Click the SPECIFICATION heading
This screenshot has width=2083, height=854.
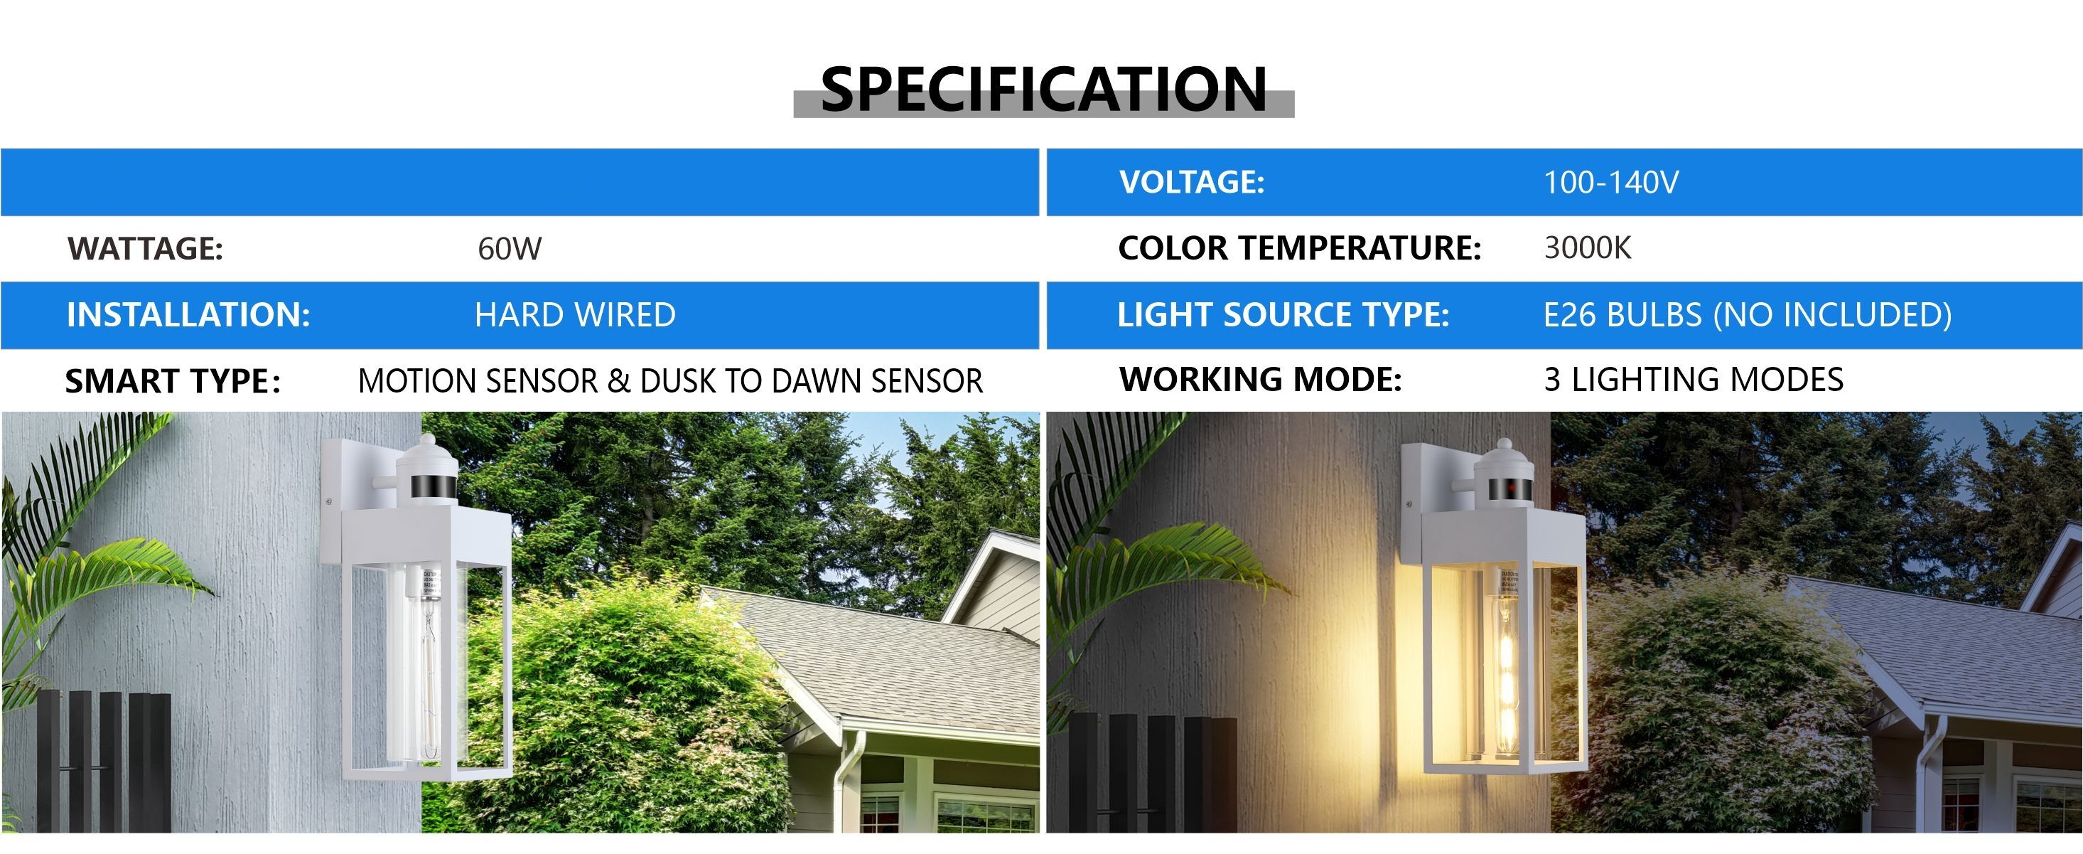[x=1043, y=89]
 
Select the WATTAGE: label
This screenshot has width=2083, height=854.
[x=146, y=248]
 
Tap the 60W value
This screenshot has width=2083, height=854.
[x=510, y=248]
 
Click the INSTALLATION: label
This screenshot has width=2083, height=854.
[x=188, y=314]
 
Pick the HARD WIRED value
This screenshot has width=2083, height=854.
[x=575, y=314]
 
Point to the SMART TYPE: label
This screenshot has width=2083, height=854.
[x=173, y=381]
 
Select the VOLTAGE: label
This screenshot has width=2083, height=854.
[x=1191, y=182]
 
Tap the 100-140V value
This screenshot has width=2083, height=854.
[x=1611, y=182]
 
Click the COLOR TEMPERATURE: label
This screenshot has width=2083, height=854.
[x=1299, y=248]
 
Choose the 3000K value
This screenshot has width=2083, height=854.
[x=1588, y=247]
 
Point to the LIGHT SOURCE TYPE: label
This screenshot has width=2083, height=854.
[x=1283, y=314]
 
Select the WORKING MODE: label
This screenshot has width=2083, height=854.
[x=1261, y=379]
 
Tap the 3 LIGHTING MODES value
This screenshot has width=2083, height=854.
[x=1694, y=379]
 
